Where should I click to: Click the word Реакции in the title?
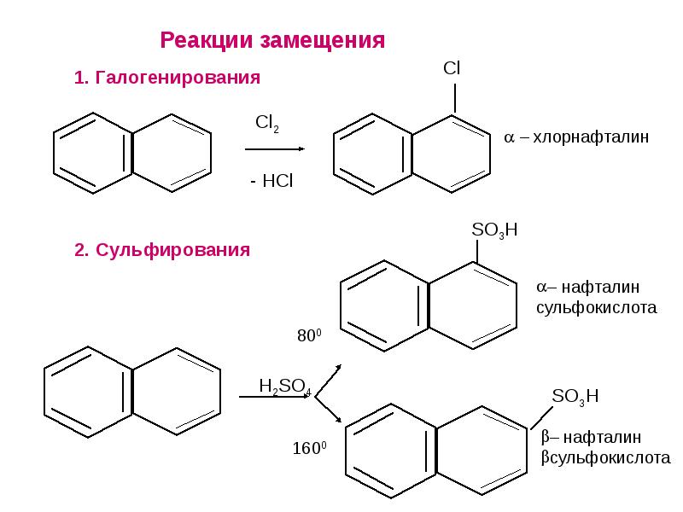(x=207, y=40)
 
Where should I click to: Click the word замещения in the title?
(x=323, y=41)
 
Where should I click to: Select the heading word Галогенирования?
(x=178, y=79)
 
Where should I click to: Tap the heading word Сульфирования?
(x=173, y=250)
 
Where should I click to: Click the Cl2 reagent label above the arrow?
(x=267, y=124)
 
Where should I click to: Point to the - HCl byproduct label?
(x=271, y=181)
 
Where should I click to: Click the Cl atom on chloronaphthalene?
(x=452, y=68)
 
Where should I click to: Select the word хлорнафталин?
(x=591, y=137)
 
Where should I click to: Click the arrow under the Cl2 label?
(x=274, y=148)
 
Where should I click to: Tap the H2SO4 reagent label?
(x=285, y=387)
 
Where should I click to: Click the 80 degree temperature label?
(x=309, y=335)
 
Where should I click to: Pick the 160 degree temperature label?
(x=309, y=448)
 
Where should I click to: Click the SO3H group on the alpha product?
(x=494, y=230)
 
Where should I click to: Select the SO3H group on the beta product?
(x=575, y=397)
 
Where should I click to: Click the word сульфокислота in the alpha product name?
(x=596, y=308)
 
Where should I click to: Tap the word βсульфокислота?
(x=606, y=458)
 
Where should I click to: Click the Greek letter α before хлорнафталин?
(x=509, y=138)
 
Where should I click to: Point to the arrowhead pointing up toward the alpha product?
(x=337, y=368)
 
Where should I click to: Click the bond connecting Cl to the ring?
(x=455, y=99)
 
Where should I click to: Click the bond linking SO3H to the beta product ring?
(x=542, y=417)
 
